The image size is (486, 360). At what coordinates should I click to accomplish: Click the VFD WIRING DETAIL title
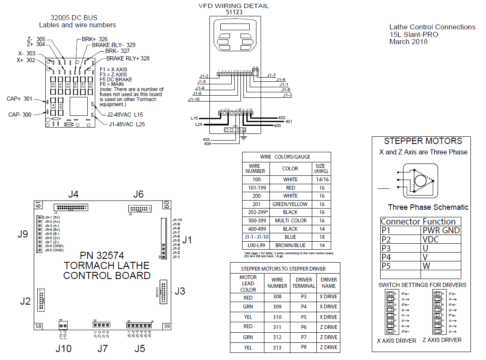tap(233, 6)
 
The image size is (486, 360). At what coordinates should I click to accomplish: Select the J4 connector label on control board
tap(73, 194)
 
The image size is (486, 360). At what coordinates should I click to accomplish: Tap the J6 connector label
tap(138, 194)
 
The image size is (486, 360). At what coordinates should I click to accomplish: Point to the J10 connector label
tap(63, 349)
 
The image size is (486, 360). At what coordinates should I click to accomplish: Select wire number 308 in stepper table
tap(277, 297)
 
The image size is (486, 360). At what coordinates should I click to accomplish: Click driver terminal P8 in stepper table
tap(304, 347)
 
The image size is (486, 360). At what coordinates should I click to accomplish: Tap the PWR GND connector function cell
tap(441, 230)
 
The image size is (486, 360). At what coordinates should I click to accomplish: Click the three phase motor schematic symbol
tap(417, 181)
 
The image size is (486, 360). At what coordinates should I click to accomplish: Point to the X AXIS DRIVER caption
tap(397, 341)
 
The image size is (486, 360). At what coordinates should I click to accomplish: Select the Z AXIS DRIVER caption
tap(442, 340)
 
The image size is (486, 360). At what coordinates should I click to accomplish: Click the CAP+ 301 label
tap(19, 99)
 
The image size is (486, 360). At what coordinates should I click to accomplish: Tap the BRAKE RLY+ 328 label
tap(128, 58)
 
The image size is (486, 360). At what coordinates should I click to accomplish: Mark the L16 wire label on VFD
tap(195, 118)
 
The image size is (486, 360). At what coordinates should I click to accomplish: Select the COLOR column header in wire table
tap(290, 169)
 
